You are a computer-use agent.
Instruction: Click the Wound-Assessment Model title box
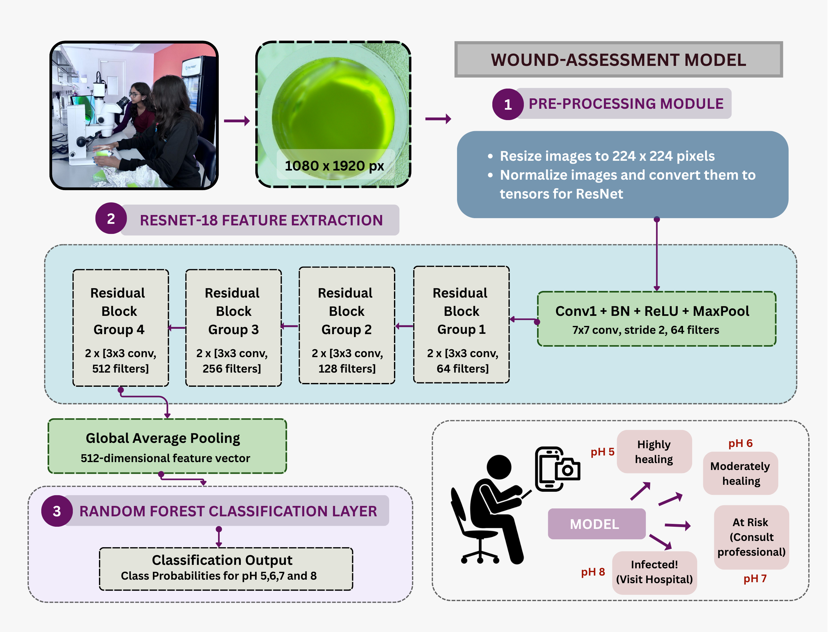[618, 60]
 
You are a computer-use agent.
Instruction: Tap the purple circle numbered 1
[507, 104]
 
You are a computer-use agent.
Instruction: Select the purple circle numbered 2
[111, 218]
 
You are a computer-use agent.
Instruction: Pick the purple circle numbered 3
[57, 511]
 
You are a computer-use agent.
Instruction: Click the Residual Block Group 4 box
[120, 328]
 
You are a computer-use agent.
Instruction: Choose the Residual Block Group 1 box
[461, 325]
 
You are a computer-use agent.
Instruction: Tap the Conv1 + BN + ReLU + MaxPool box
[657, 319]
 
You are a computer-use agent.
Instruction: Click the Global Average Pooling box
[167, 446]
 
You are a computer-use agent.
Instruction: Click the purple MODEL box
[596, 524]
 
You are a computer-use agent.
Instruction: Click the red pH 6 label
[740, 443]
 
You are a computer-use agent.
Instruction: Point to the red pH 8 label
[593, 572]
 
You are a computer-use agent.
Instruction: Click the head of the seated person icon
[499, 467]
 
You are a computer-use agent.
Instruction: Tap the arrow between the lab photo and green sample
[237, 121]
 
